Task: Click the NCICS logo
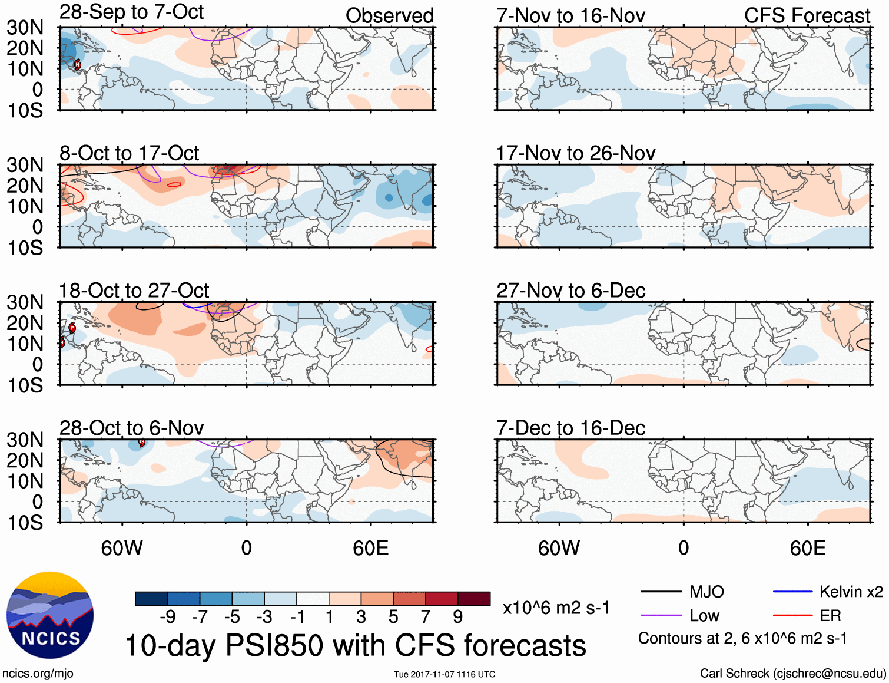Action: click(50, 615)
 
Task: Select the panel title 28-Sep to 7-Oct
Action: click(131, 12)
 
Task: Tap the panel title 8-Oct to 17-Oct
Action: click(129, 153)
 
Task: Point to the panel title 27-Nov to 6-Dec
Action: click(570, 291)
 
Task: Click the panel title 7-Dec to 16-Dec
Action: click(570, 428)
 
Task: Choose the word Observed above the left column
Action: click(389, 16)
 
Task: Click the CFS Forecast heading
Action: click(807, 16)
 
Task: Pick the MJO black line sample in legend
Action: click(661, 592)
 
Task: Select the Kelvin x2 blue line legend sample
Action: click(792, 592)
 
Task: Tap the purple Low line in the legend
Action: click(661, 616)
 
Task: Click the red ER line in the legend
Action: click(792, 616)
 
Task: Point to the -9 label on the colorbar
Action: click(167, 617)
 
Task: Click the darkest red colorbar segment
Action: click(474, 599)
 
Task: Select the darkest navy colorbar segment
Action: click(151, 599)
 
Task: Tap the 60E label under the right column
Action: click(807, 549)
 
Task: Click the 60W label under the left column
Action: click(122, 549)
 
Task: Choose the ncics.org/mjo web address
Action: click(38, 674)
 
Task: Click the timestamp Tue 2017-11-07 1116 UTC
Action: click(444, 674)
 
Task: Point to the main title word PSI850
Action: click(274, 645)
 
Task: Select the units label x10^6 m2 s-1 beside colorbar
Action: click(556, 608)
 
